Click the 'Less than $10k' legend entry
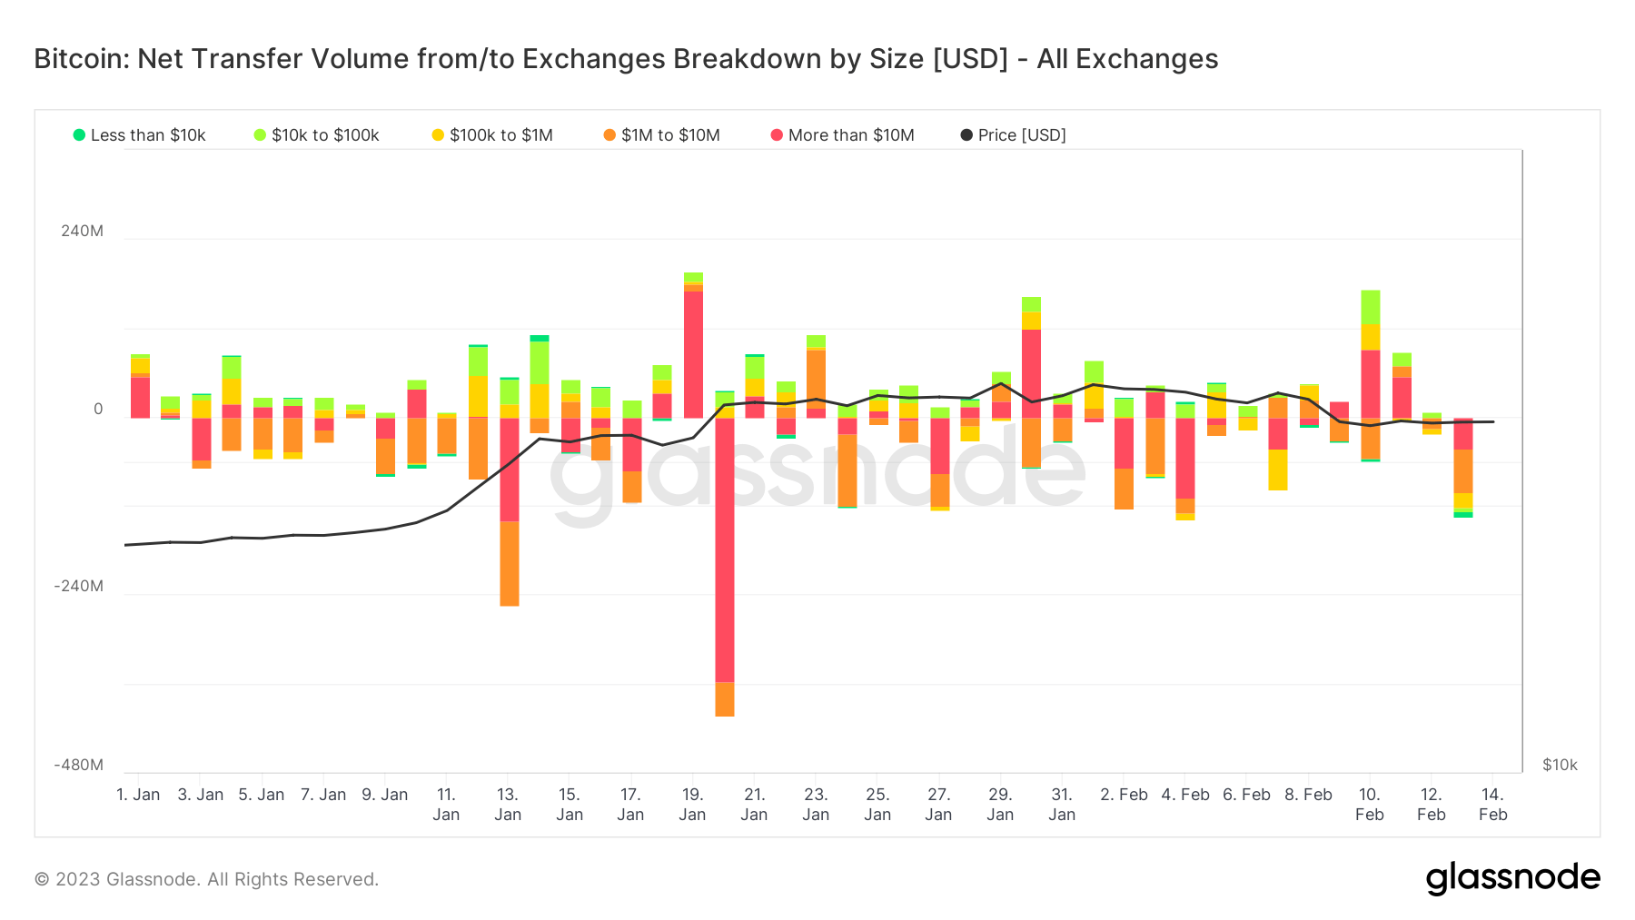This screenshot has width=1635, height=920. coord(140,135)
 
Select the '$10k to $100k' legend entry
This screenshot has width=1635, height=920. coord(317,135)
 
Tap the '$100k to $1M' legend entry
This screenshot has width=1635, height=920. coord(492,135)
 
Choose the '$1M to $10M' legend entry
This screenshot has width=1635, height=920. coord(662,135)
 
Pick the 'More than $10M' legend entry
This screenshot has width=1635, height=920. coord(843,135)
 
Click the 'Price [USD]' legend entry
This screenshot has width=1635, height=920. coord(1014,135)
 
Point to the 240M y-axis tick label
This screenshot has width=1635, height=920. coord(82,231)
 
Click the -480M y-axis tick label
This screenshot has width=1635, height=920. coord(78,765)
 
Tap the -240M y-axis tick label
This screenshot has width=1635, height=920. coord(78,586)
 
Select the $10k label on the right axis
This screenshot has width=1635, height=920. coord(1560,765)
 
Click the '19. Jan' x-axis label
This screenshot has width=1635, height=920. coord(692,804)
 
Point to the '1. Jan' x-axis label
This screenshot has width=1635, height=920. coord(138,795)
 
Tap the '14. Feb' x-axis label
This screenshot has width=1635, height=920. coord(1492,804)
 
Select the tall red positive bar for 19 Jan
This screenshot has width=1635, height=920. coord(693,354)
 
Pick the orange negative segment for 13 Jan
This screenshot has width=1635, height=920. coord(509,563)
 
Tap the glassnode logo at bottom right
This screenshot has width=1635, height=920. coord(1512,878)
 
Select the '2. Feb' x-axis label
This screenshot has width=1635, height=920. coord(1124,795)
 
